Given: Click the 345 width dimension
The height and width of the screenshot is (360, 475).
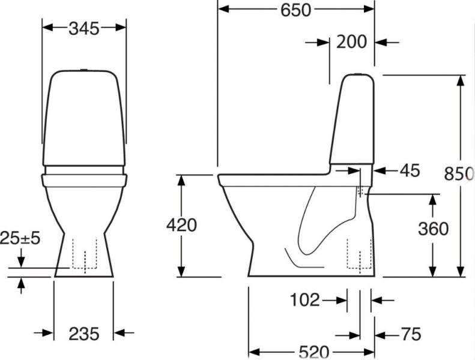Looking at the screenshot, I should [84, 28].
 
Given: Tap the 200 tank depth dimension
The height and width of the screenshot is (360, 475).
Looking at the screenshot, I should [352, 42].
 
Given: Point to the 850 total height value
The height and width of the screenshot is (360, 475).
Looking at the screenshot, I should [458, 173].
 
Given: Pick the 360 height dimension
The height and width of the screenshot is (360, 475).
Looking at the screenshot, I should [432, 229].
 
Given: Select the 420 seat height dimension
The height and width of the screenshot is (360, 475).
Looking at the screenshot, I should [180, 226].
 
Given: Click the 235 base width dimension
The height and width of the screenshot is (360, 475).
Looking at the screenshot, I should [83, 334].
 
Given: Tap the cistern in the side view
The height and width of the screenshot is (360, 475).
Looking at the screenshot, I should [354, 120].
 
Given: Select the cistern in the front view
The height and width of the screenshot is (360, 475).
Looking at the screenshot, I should [85, 120].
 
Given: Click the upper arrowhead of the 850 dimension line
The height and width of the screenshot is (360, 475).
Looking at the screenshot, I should [461, 82].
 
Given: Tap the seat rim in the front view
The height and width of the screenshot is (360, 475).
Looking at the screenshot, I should [85, 179].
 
